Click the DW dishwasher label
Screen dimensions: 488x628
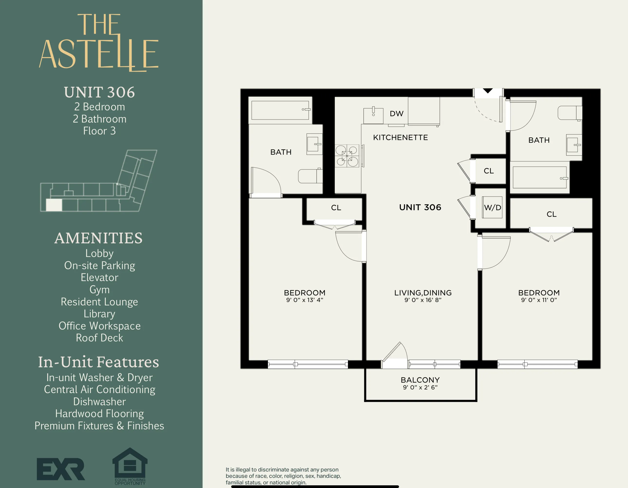click(397, 114)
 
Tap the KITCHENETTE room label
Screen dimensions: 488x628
click(400, 138)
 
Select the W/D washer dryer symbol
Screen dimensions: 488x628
click(492, 207)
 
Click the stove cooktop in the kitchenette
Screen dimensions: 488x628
click(347, 156)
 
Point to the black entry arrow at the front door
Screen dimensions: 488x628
click(488, 91)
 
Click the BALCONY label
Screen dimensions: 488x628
click(420, 380)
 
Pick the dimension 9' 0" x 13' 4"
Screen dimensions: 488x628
click(305, 300)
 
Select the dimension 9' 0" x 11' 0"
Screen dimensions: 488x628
click(539, 300)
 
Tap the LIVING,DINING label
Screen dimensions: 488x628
click(423, 293)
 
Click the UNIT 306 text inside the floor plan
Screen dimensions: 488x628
click(420, 207)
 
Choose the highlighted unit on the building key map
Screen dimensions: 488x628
click(54, 205)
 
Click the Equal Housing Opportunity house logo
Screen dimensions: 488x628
click(130, 463)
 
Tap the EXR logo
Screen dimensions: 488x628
click(61, 469)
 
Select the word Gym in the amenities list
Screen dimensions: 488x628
click(100, 290)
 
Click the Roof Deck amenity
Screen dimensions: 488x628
click(100, 338)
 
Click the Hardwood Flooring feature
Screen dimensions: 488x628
click(100, 414)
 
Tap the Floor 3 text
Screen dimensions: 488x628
click(100, 131)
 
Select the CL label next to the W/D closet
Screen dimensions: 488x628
click(489, 171)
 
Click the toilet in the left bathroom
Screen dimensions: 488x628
click(310, 176)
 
